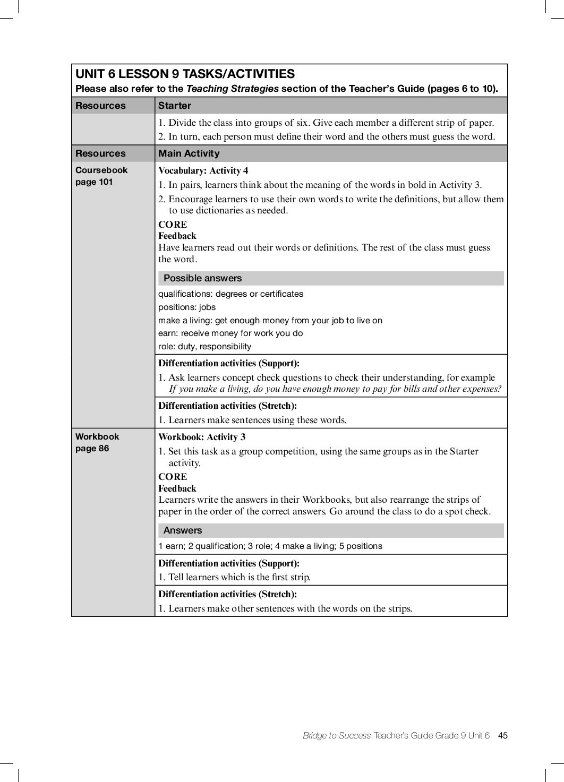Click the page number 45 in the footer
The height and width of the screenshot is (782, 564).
(x=503, y=735)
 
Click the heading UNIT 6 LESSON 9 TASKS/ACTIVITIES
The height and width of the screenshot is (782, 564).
(x=185, y=74)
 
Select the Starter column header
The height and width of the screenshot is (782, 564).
(x=174, y=106)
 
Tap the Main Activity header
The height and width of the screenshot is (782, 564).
(x=189, y=153)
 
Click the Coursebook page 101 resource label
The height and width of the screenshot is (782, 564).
(x=101, y=176)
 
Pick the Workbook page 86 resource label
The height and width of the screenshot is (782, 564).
(x=97, y=442)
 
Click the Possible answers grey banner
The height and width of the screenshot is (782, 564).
(x=202, y=278)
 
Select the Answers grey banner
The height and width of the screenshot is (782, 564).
(x=183, y=530)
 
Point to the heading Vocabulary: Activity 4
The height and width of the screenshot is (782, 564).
(x=203, y=170)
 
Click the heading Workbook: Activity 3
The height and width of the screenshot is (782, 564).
(x=202, y=437)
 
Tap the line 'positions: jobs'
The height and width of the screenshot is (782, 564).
(x=187, y=307)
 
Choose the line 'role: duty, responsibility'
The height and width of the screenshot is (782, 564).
(x=204, y=346)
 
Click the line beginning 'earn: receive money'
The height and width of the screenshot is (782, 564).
(x=230, y=333)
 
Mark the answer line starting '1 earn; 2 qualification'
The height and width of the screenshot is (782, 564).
(x=270, y=546)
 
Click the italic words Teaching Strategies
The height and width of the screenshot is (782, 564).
(x=232, y=89)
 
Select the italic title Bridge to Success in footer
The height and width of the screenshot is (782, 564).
(x=337, y=735)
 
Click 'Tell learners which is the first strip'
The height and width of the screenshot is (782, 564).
(x=239, y=577)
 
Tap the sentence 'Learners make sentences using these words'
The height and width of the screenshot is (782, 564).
(x=257, y=420)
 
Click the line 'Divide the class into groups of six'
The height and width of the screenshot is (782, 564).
(x=326, y=123)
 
